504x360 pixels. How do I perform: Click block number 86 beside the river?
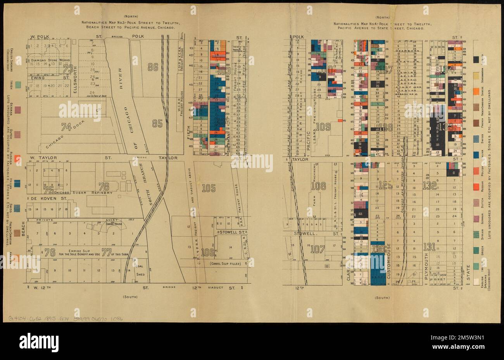coord(153,67)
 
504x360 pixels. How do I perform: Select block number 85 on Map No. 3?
coord(157,124)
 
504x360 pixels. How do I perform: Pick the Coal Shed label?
coord(140,269)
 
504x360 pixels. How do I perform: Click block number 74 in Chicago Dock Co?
coord(67,126)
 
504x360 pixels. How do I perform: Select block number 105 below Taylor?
coord(209,189)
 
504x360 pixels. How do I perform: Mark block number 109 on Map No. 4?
coord(323,126)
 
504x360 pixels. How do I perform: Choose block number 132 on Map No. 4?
coord(429,185)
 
